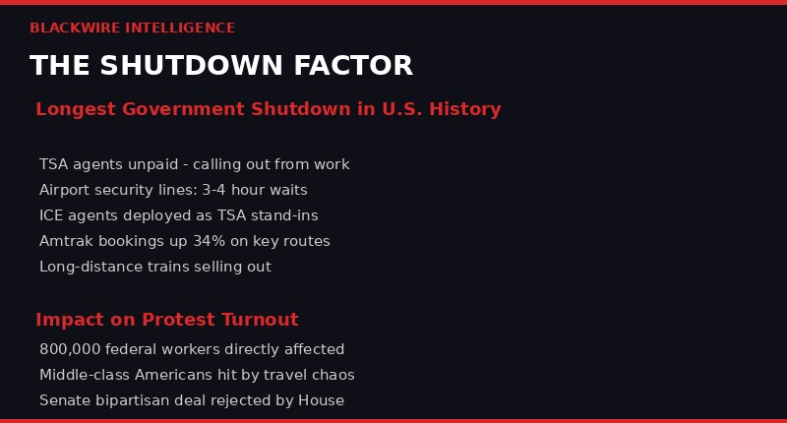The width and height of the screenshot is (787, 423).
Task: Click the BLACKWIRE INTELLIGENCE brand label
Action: coord(132,29)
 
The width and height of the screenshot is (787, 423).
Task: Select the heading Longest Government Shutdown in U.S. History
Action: coord(268,109)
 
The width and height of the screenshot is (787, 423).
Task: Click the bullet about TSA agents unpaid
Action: coord(194,164)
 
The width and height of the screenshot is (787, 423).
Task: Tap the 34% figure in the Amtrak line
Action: coord(211,241)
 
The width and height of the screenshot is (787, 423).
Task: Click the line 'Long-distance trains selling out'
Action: coord(154,267)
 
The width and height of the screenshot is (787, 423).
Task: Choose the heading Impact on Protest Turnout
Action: coord(166,320)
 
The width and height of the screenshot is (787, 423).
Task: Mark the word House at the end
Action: coord(322,400)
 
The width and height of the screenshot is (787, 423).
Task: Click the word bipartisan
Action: coord(136,400)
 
